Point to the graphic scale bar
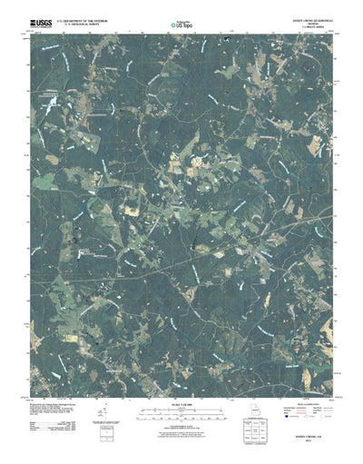point(181,410)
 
